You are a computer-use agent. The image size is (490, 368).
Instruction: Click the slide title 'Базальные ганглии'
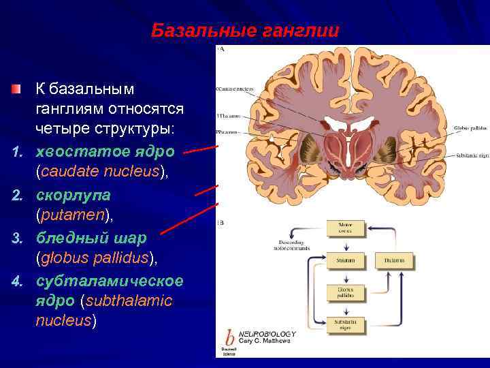(244, 31)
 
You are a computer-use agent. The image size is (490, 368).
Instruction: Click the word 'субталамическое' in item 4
(109, 280)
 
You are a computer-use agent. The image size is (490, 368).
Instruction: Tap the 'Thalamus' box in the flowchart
(394, 260)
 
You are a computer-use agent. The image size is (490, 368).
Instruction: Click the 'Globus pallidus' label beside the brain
(470, 127)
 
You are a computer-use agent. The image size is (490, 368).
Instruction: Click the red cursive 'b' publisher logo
(229, 339)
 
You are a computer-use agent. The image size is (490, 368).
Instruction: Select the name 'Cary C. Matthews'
(267, 340)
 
